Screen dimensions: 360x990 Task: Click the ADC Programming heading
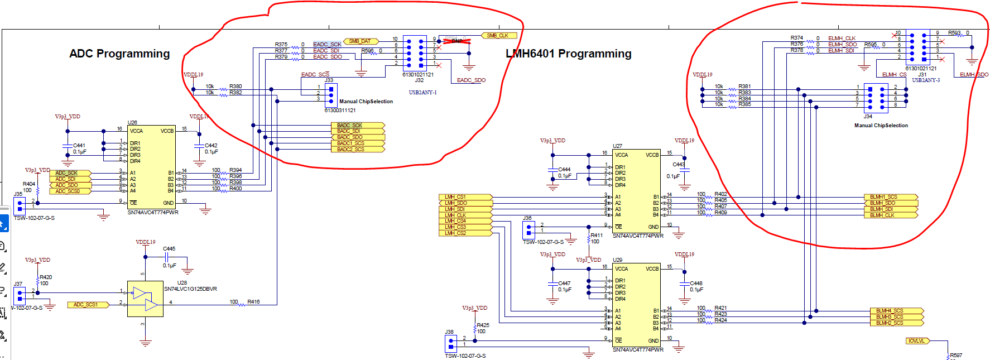tap(119, 54)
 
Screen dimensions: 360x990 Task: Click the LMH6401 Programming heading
tap(568, 54)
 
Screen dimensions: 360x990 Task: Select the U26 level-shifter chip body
tap(151, 167)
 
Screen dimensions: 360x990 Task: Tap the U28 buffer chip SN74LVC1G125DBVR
tap(145, 299)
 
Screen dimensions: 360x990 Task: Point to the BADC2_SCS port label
tap(357, 150)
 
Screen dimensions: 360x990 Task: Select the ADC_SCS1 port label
tap(87, 305)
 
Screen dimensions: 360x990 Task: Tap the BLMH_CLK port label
tap(890, 215)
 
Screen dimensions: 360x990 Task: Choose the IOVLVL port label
tap(916, 341)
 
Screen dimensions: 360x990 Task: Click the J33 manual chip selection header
tap(331, 93)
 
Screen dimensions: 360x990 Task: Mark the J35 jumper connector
tap(19, 204)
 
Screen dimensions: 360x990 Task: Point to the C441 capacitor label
tap(79, 146)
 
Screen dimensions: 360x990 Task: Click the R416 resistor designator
tap(253, 302)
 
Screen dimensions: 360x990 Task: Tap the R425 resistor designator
tap(483, 325)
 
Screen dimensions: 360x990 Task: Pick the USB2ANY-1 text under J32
tap(422, 93)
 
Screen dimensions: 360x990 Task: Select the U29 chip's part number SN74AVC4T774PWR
tap(638, 350)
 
